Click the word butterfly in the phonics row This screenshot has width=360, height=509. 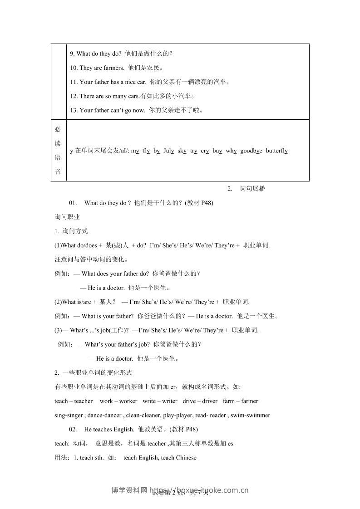[276, 151]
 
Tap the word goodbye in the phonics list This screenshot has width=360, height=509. [251, 151]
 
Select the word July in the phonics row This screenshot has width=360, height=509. [168, 151]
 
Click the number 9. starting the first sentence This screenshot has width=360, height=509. [72, 54]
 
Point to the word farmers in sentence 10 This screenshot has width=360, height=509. [113, 68]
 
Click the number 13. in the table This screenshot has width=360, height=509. [74, 110]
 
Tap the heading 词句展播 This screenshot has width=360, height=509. [252, 189]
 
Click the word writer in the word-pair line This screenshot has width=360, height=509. [169, 401]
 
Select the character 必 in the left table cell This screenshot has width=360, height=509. [58, 129]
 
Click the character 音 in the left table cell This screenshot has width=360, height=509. [58, 171]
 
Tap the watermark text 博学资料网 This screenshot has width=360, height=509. [129, 490]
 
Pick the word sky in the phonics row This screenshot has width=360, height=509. [182, 151]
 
